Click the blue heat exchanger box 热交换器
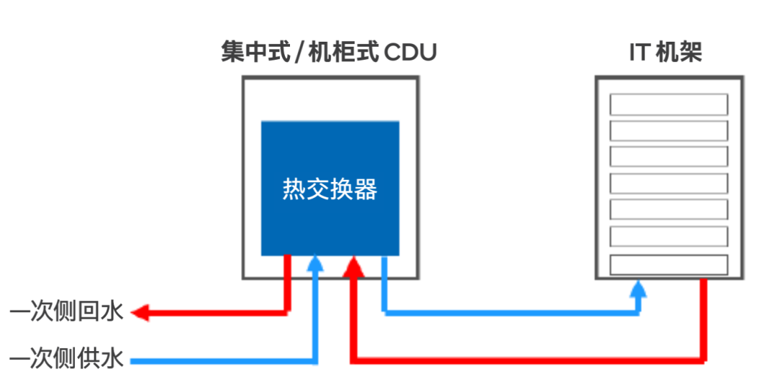(x=330, y=189)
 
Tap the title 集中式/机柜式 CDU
(x=329, y=52)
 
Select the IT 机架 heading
(x=665, y=52)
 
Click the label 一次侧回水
(x=66, y=312)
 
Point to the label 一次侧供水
(x=66, y=358)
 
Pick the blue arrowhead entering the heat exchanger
(x=314, y=263)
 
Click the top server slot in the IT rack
(x=669, y=104)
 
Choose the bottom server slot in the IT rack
(x=669, y=265)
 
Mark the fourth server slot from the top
(x=669, y=184)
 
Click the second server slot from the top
(x=669, y=131)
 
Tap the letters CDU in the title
(x=410, y=53)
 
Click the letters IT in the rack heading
(x=640, y=53)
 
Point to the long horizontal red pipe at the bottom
(x=528, y=360)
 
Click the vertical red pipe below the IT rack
(x=703, y=319)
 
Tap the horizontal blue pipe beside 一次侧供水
(x=224, y=361)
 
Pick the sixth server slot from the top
(x=669, y=237)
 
